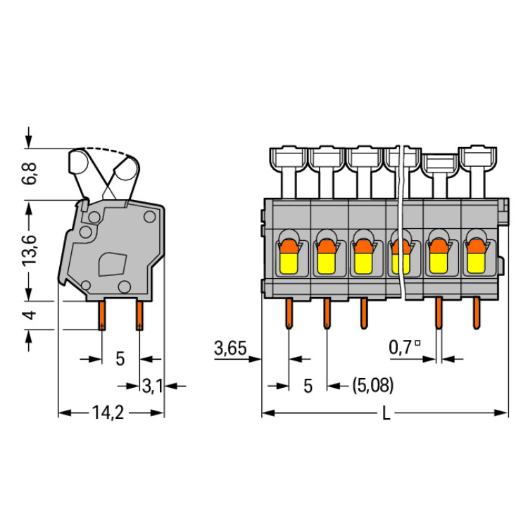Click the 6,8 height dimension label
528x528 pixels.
click(x=29, y=173)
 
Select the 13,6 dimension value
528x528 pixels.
click(x=29, y=251)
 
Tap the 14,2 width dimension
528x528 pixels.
click(x=108, y=413)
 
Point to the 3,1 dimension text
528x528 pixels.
click(x=153, y=386)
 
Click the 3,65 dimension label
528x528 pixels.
click(x=231, y=348)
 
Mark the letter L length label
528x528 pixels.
click(x=386, y=413)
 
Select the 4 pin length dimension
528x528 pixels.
click(x=30, y=315)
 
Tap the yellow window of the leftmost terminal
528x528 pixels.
click(x=289, y=263)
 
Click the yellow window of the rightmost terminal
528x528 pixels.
click(x=476, y=263)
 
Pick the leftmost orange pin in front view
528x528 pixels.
click(x=289, y=314)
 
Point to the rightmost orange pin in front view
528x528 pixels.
click(x=476, y=313)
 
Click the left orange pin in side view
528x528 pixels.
click(x=101, y=315)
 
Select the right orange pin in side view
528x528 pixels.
click(x=139, y=315)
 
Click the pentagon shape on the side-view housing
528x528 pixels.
click(x=112, y=264)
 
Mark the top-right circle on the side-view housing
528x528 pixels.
click(x=149, y=217)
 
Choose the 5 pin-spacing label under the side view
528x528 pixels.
click(x=120, y=359)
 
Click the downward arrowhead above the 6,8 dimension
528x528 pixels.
click(x=29, y=142)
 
